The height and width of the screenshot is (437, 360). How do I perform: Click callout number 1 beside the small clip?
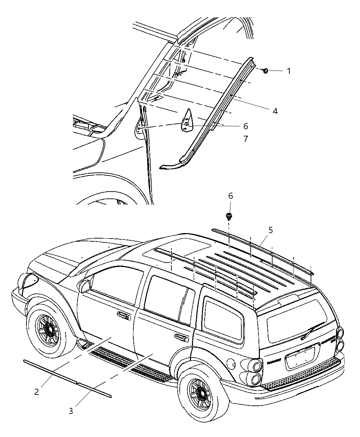point(289,71)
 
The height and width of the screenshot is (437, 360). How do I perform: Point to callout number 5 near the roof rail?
point(271,230)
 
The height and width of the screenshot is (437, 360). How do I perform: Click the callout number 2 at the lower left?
point(37,392)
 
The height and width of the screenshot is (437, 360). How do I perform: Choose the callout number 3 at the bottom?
point(71,411)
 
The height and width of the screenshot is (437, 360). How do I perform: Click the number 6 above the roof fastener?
point(230,196)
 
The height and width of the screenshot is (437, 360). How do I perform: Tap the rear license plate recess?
point(301,356)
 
